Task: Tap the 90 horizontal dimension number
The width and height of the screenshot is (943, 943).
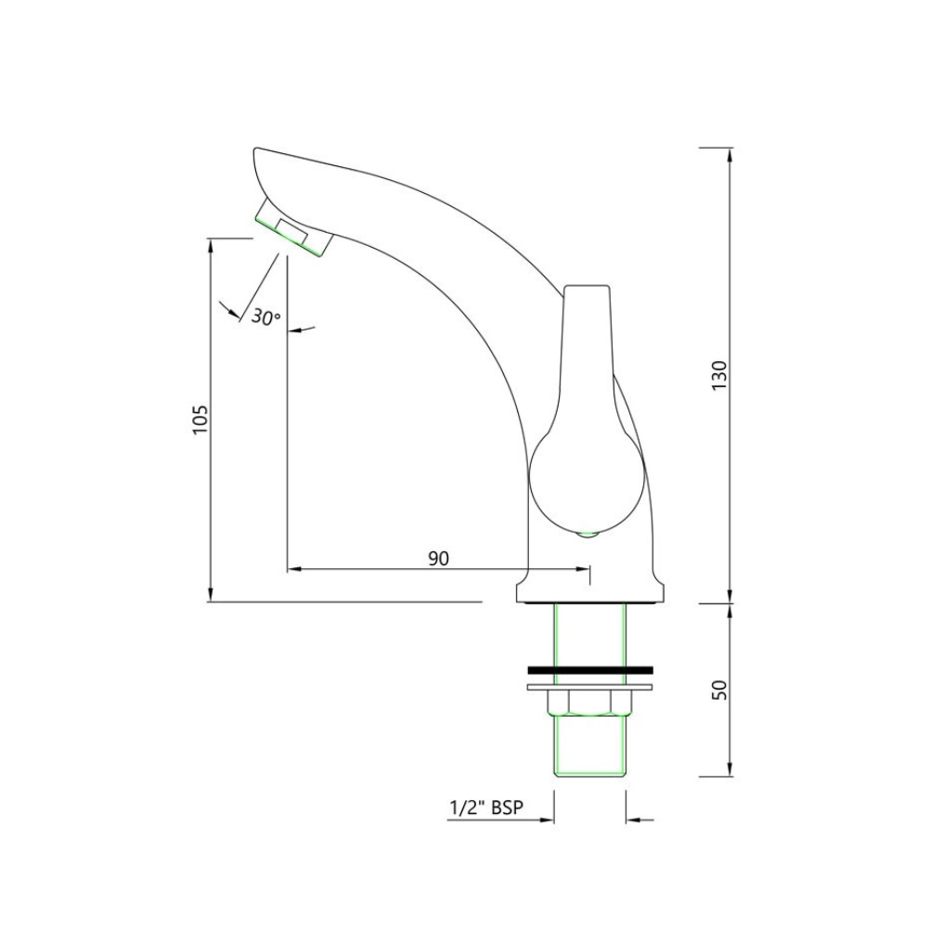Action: tap(438, 558)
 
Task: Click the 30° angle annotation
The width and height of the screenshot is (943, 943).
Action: tap(265, 317)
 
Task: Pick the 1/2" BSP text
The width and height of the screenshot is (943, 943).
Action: tap(485, 807)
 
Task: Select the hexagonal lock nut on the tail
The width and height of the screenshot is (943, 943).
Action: tap(590, 704)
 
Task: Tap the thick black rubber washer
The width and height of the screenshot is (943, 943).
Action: tap(590, 669)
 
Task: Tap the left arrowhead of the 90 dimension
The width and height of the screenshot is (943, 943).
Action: tap(293, 568)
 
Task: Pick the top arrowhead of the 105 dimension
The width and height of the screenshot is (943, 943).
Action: tap(212, 245)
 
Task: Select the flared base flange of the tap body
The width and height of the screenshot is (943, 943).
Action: tap(590, 591)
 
